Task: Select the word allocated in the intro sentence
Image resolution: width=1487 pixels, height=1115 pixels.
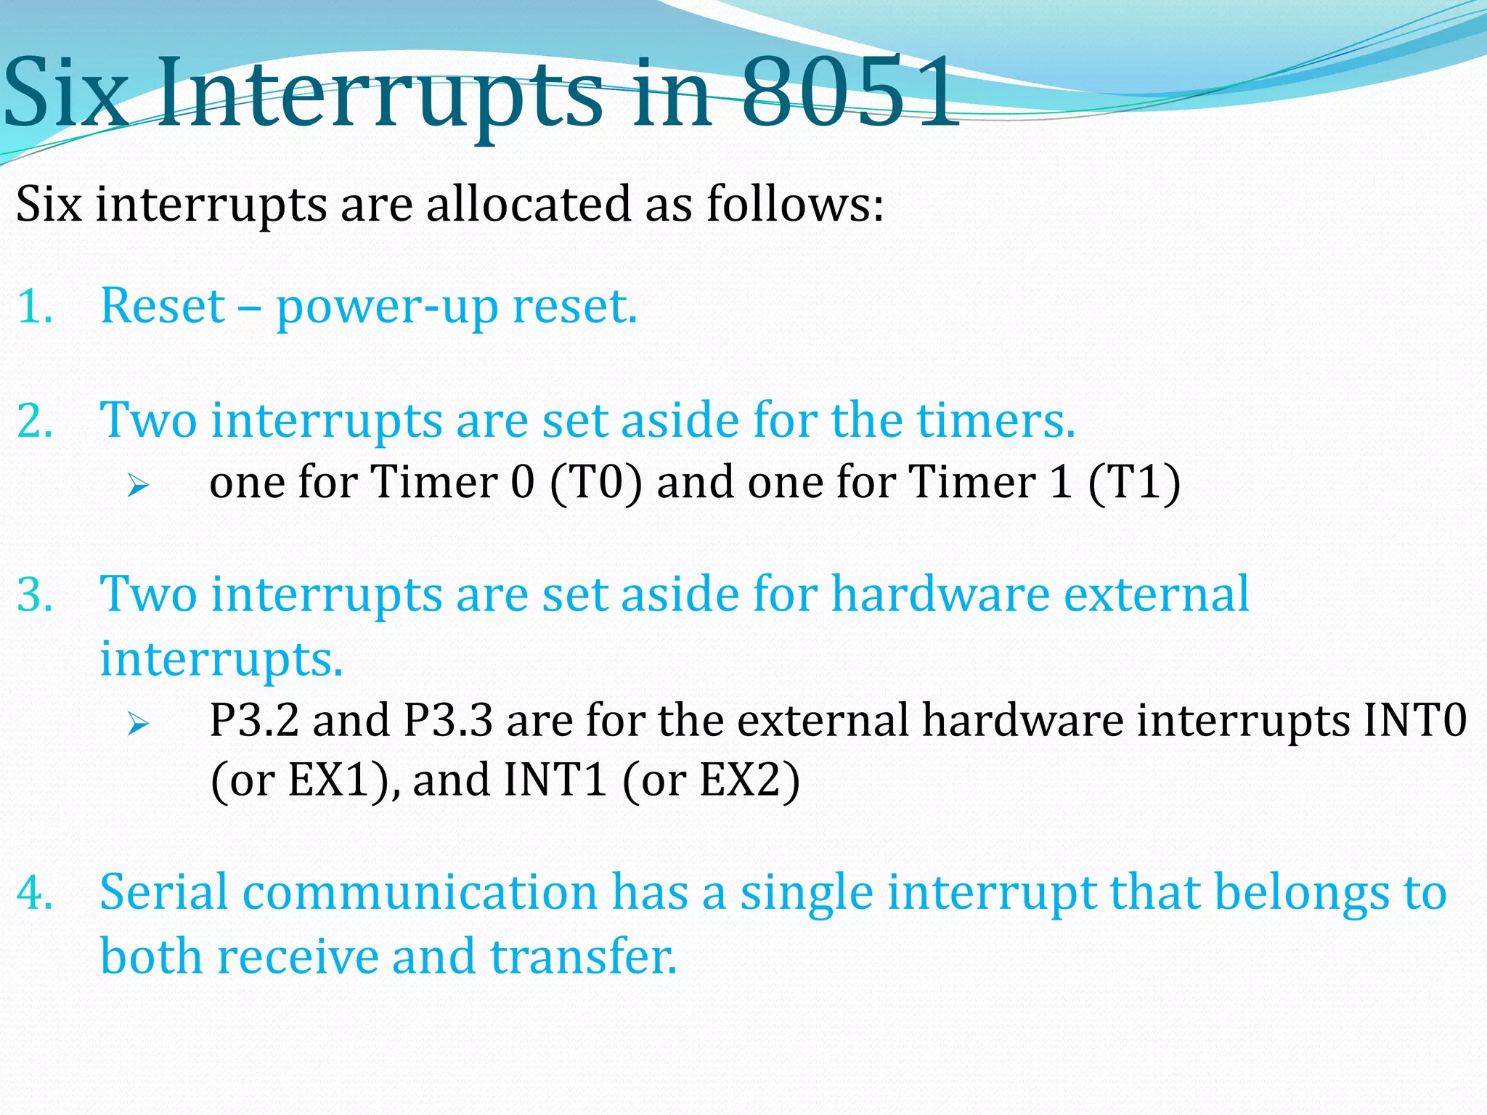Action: (529, 204)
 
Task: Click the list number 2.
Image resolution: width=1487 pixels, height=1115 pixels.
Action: (34, 421)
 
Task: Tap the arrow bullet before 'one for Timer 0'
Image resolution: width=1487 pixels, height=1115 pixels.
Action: (137, 485)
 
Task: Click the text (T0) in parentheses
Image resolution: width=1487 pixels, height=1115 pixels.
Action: (596, 482)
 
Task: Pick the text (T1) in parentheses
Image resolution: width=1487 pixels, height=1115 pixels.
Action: (1134, 482)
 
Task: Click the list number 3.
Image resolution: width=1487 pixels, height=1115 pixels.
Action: (34, 595)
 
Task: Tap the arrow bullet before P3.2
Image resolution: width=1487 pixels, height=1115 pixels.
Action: (137, 723)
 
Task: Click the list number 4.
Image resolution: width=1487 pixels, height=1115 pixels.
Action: (34, 893)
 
